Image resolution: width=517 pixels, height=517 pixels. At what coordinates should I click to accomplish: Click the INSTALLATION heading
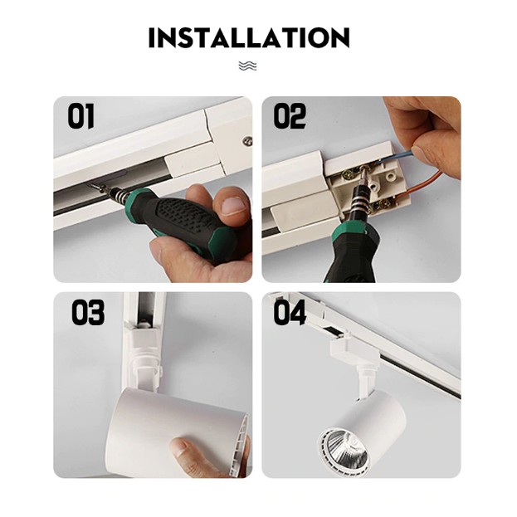click(249, 37)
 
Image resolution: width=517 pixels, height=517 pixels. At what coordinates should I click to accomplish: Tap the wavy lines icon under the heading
click(247, 66)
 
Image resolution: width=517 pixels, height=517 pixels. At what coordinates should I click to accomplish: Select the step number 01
click(80, 116)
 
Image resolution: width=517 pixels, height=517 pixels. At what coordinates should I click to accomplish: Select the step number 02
click(290, 116)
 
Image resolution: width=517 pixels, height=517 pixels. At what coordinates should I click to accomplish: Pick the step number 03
click(88, 312)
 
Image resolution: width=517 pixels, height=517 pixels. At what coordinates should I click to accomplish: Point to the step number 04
click(290, 312)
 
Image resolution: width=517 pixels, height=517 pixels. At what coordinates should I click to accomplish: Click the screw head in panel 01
click(247, 141)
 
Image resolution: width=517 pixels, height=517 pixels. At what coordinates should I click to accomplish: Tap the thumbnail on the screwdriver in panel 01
click(233, 206)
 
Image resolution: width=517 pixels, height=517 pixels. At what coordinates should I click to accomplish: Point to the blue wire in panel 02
click(396, 156)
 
